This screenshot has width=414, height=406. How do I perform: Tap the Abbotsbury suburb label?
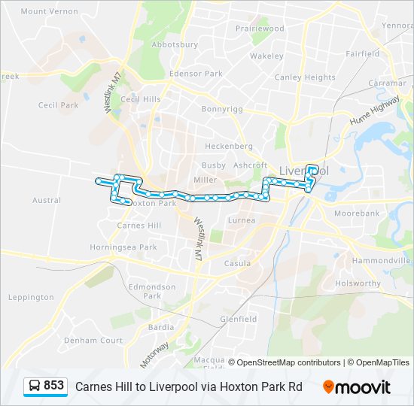point(175,44)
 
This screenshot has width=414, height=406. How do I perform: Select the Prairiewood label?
point(260,28)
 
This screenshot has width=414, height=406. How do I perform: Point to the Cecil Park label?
point(58,105)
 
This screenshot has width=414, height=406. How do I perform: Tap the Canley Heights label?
point(305,77)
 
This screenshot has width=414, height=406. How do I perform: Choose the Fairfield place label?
point(363,53)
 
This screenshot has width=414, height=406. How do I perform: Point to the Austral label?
point(47,200)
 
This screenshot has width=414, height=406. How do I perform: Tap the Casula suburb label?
point(237,263)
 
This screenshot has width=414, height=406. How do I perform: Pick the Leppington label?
point(31,297)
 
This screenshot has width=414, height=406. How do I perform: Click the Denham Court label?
point(93,340)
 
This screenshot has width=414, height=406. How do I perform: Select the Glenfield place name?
point(238,319)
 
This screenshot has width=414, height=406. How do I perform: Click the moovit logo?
point(357,387)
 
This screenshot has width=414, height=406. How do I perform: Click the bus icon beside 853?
point(34,386)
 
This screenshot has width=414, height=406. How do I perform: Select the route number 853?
point(53,386)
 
